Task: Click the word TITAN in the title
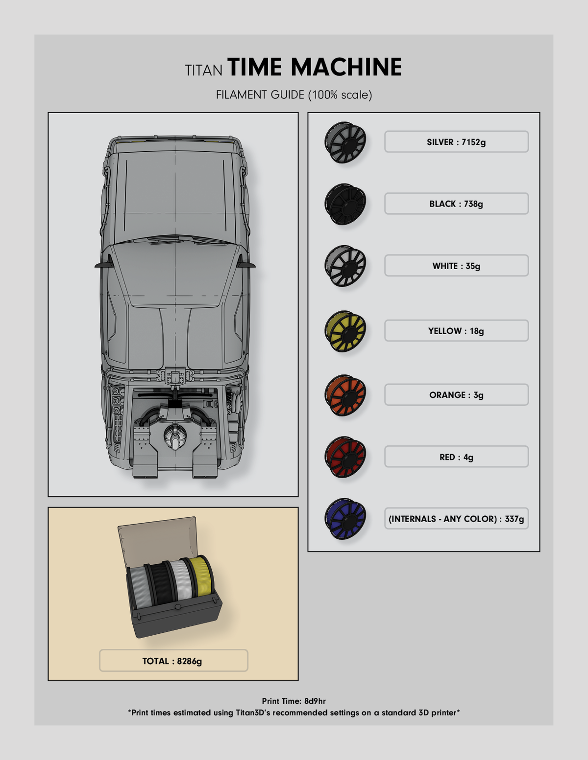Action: [203, 70]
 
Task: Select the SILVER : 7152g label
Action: [456, 141]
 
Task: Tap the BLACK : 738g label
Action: [456, 204]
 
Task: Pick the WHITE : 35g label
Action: [456, 265]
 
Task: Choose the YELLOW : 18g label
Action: [456, 330]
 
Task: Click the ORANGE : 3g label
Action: [456, 395]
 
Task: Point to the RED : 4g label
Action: [456, 457]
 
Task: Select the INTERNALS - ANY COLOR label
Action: [456, 518]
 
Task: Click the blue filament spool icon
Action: [345, 519]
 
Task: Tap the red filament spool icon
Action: [345, 457]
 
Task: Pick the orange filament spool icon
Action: [345, 395]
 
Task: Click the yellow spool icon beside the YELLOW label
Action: [345, 331]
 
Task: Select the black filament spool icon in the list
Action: [345, 204]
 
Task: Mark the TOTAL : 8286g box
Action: [173, 661]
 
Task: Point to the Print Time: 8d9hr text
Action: [294, 701]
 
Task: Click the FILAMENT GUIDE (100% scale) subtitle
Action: [294, 95]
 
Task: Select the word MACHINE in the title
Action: [346, 67]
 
